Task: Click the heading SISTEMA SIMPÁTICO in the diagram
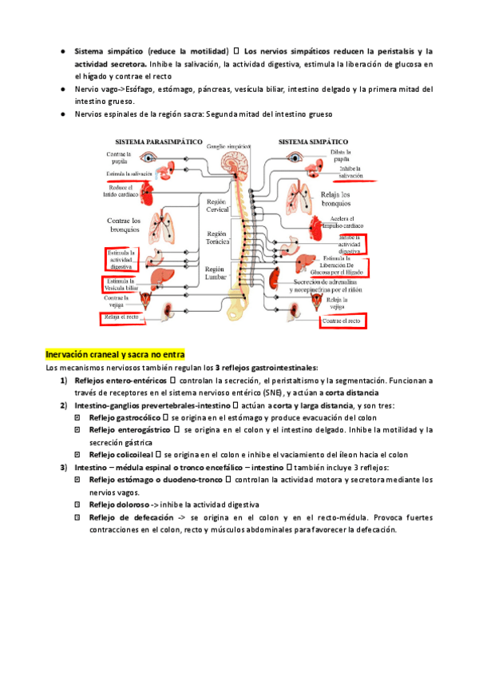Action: coord(315,141)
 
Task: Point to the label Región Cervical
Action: coord(216,206)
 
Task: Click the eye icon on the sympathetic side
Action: coord(295,156)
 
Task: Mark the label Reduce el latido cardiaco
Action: coord(122,189)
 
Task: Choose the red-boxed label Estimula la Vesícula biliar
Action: coord(121,285)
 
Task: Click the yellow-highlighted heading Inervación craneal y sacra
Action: coord(115,354)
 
